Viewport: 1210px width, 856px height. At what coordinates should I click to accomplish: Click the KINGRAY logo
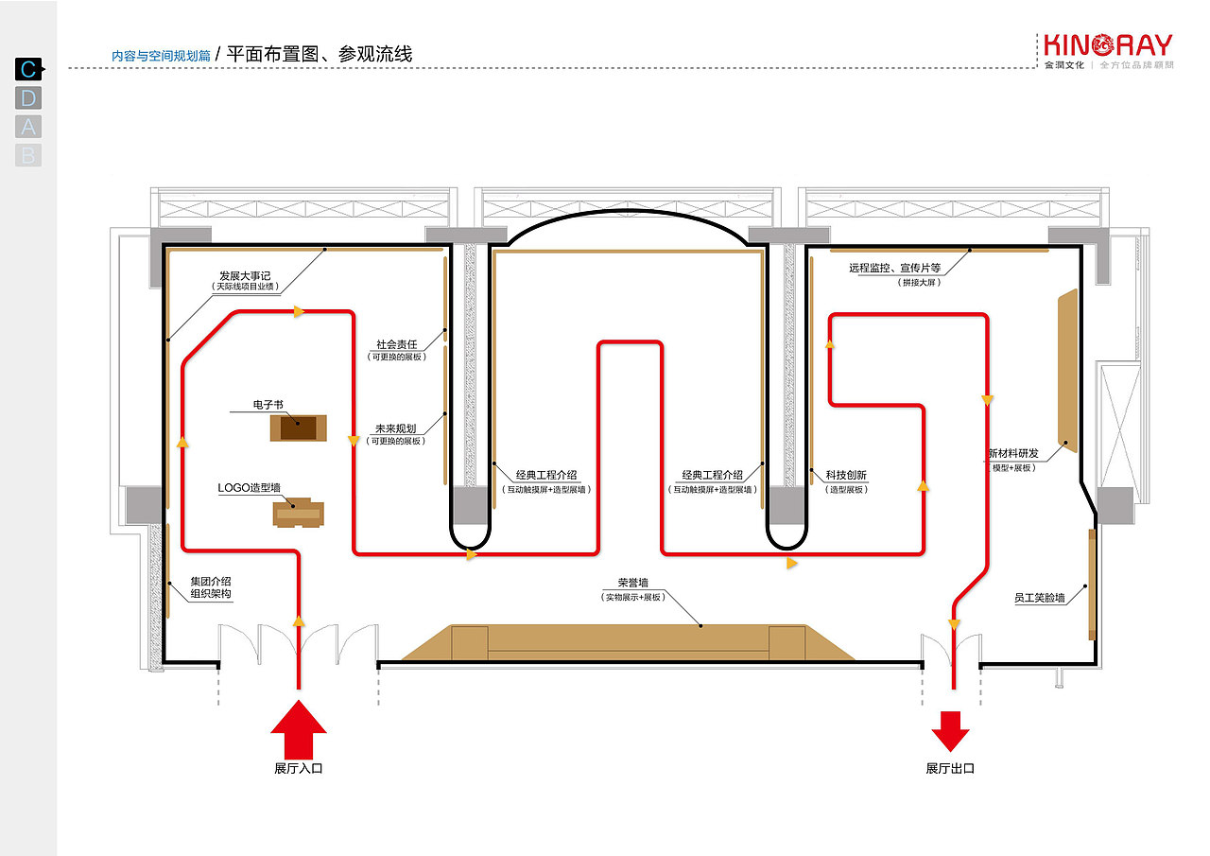pos(1108,46)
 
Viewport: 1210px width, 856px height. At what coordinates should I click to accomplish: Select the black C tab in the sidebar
pos(28,69)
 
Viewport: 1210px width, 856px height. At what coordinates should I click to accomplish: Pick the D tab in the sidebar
pos(28,97)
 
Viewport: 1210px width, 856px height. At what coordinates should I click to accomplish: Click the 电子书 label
pos(268,405)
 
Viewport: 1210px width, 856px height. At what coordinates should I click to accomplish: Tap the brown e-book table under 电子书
pos(299,428)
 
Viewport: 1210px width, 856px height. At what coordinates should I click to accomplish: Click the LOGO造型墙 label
pos(250,488)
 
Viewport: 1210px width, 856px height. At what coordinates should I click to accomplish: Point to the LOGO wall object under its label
pos(299,514)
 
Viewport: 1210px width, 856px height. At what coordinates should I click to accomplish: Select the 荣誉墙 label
pos(633,584)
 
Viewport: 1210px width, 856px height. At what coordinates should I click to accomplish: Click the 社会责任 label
pos(396,345)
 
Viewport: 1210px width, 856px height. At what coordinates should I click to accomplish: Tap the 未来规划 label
pos(396,428)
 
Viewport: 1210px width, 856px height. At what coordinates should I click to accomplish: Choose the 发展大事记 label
pos(246,273)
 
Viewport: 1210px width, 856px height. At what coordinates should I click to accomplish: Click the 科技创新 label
pos(846,475)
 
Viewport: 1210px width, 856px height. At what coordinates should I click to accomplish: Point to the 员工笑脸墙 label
pos(1039,598)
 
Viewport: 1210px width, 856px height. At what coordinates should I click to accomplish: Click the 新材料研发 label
pos(1013,454)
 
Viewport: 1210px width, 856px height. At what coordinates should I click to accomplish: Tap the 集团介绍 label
pos(211,581)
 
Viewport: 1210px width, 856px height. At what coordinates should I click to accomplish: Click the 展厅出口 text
pos(950,768)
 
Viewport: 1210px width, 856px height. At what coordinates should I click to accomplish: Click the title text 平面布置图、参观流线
pos(320,54)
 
